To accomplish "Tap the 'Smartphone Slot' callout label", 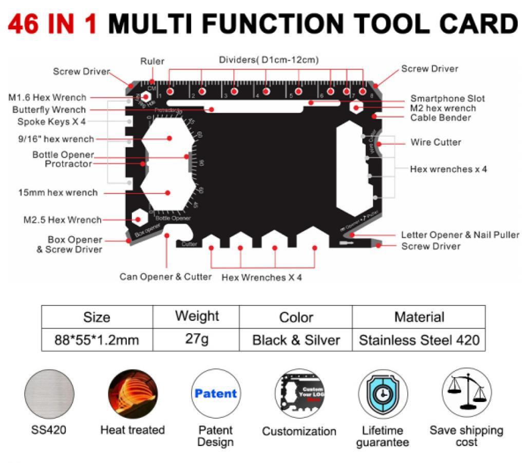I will [447, 99].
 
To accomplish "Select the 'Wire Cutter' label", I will [436, 142].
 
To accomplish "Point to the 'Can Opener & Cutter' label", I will [165, 277].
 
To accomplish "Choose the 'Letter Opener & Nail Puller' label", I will [460, 235].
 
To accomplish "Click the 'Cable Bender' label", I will [440, 118].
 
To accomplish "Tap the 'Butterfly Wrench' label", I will [49, 110].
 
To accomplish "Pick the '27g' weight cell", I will [197, 339].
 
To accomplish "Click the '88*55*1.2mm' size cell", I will [97, 340].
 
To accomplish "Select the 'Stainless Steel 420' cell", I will [419, 340].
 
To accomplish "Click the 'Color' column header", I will [296, 317].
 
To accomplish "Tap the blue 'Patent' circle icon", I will [216, 394].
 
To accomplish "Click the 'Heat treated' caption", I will [133, 430].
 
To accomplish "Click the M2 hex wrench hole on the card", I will [356, 108].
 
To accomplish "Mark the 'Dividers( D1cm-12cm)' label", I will [269, 60].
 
